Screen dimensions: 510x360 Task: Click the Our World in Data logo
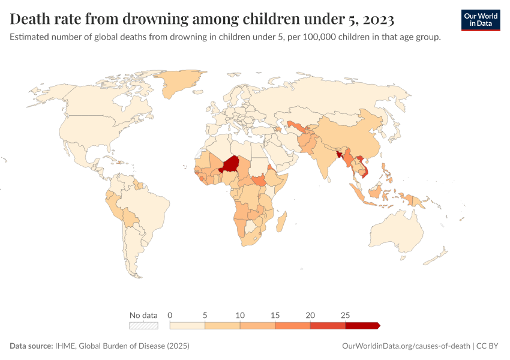(x=481, y=20)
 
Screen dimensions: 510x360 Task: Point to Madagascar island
(x=281, y=221)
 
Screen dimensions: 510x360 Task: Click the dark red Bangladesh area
(x=340, y=154)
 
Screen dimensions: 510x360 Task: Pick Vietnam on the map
(x=363, y=166)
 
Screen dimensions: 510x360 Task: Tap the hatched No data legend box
(x=143, y=326)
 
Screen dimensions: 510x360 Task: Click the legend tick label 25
(x=345, y=315)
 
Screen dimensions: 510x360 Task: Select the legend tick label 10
(x=240, y=315)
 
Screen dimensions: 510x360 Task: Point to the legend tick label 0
(x=170, y=315)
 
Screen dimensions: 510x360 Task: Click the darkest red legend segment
(x=362, y=326)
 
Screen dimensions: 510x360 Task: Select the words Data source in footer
(x=31, y=346)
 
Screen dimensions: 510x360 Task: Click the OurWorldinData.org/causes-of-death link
(x=406, y=346)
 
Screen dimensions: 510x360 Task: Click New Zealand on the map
(x=436, y=255)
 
